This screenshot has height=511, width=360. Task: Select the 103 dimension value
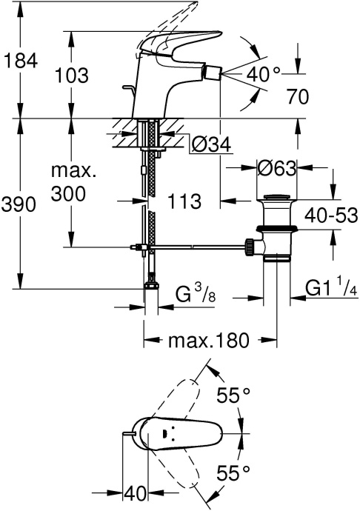(x=72, y=75)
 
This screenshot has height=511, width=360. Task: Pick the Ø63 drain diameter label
(x=276, y=168)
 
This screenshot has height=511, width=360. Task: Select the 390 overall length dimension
(x=19, y=205)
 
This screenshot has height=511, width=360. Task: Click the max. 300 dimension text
(x=73, y=182)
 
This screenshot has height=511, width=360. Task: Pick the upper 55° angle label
(x=233, y=396)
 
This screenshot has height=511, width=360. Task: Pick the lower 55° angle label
(x=233, y=472)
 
